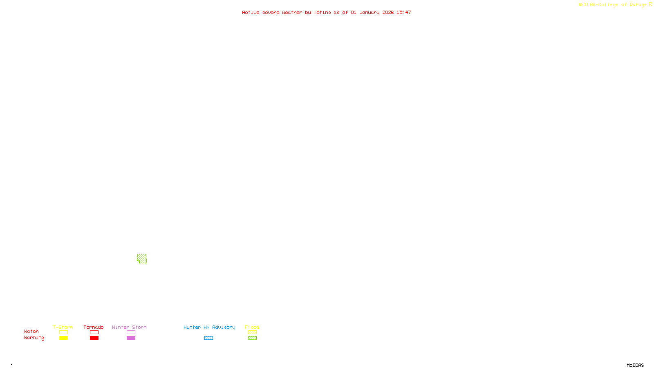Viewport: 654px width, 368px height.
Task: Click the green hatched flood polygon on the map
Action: click(x=142, y=259)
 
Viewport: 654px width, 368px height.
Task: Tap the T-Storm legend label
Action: click(x=63, y=327)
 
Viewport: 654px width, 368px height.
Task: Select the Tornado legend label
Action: click(x=94, y=327)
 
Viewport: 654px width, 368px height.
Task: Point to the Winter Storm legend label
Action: click(x=129, y=327)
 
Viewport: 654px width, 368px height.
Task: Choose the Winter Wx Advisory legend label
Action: click(x=209, y=327)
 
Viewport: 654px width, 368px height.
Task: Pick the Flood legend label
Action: click(x=252, y=327)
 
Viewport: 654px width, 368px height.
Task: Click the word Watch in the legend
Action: click(x=31, y=331)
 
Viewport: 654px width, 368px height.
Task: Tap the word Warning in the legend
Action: click(x=34, y=338)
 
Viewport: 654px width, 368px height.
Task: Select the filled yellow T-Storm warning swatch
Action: click(x=63, y=338)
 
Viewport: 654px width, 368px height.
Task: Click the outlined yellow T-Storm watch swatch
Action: click(x=63, y=332)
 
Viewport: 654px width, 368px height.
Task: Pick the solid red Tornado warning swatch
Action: click(x=94, y=338)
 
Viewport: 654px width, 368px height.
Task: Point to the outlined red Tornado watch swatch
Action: click(x=94, y=332)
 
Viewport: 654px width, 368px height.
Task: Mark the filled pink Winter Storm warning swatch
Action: click(x=131, y=338)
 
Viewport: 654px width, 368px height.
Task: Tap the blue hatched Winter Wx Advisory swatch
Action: click(x=208, y=338)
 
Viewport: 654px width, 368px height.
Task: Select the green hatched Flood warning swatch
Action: click(x=252, y=338)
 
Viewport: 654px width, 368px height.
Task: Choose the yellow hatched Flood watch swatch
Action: click(x=252, y=332)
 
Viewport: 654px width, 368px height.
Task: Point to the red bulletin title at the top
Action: click(x=326, y=12)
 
